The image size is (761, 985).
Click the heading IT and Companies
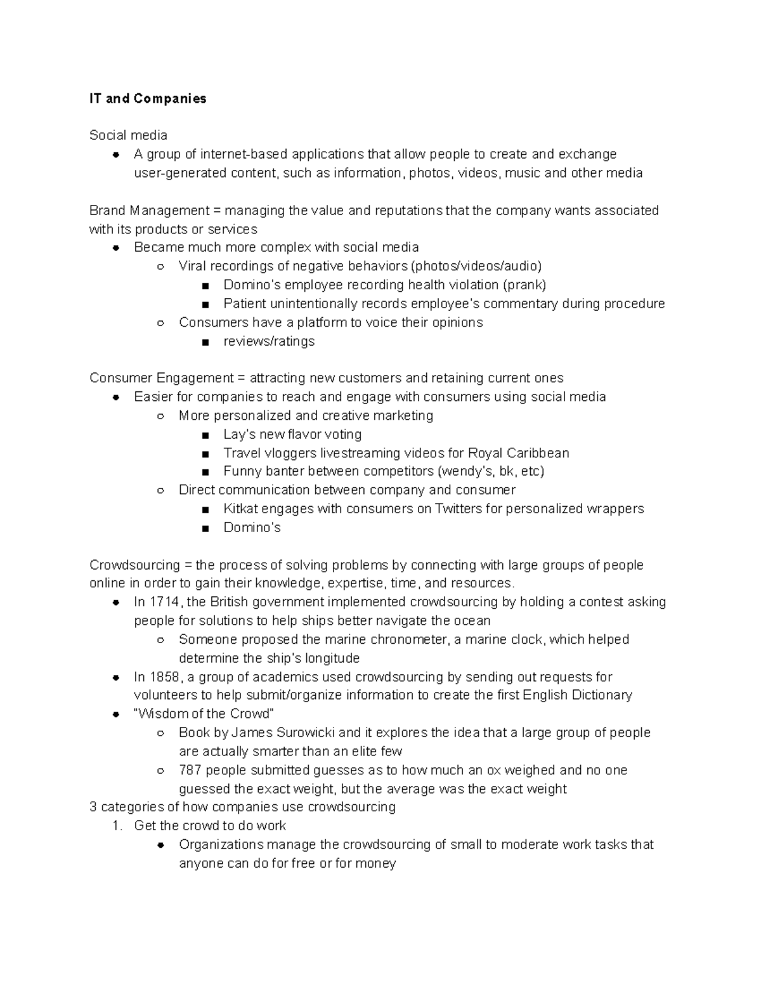tap(148, 98)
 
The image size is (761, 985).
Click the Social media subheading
tap(128, 135)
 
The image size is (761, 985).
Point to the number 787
tap(190, 770)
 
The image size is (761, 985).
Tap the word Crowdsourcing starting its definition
tap(134, 565)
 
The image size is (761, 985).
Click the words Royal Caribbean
tap(518, 453)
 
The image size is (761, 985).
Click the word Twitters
tap(459, 509)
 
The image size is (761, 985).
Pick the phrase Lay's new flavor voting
tap(292, 434)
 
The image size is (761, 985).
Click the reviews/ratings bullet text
tap(269, 341)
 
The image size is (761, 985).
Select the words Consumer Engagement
tap(161, 378)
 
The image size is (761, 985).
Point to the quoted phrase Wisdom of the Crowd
tap(204, 714)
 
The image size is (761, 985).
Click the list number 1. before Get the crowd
tap(116, 826)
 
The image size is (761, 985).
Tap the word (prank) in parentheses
tap(524, 285)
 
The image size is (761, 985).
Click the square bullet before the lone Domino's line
tap(205, 528)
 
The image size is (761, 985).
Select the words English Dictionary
tap(577, 695)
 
